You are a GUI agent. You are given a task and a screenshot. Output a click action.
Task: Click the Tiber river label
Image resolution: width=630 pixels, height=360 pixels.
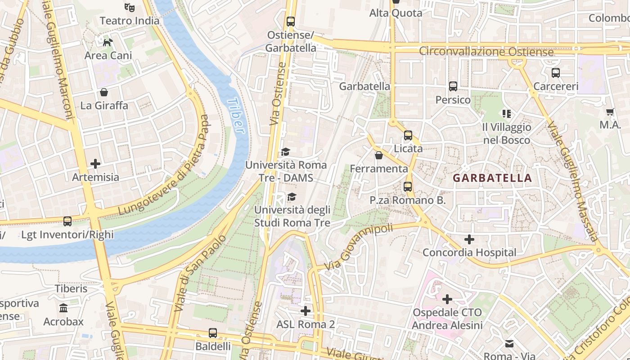[x=236, y=116]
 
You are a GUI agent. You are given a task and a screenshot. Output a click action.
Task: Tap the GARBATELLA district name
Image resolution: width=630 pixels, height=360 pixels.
[x=492, y=178]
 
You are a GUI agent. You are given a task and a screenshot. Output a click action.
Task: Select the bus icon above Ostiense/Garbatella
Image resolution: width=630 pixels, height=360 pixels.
[x=290, y=21]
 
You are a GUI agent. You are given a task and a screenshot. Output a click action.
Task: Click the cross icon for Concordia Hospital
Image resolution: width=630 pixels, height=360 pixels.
[x=469, y=239]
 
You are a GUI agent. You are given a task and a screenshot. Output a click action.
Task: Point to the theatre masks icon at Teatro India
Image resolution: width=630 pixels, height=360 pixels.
[x=130, y=7]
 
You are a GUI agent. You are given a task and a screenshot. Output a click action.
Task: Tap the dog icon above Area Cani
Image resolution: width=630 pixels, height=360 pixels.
[x=108, y=42]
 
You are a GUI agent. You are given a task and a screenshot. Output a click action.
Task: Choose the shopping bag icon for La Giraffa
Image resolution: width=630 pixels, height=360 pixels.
[x=104, y=92]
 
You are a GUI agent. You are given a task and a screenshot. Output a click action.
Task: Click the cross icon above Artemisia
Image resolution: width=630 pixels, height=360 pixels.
[x=95, y=163]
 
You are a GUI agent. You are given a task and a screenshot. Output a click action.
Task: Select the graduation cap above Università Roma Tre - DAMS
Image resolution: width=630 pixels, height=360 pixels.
[x=285, y=152]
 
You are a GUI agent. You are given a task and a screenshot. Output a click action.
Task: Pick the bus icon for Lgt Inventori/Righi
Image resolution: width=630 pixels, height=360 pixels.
[x=67, y=221]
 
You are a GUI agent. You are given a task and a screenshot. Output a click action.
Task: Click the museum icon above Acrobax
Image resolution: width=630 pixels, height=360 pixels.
[x=63, y=308]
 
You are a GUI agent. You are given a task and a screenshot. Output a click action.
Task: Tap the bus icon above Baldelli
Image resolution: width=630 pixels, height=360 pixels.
[x=213, y=333]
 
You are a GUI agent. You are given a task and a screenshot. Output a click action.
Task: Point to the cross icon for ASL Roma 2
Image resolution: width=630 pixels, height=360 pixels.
[x=306, y=311]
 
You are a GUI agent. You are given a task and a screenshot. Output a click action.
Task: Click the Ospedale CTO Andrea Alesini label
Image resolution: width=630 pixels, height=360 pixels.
[x=447, y=319]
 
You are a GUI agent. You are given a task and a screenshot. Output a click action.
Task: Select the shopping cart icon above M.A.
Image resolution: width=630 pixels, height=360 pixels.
[x=610, y=112]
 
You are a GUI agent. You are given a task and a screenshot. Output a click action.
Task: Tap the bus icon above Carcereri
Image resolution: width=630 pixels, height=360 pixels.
[x=556, y=72]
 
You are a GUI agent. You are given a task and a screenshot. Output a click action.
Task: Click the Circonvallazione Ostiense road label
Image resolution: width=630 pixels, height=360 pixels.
[x=486, y=52]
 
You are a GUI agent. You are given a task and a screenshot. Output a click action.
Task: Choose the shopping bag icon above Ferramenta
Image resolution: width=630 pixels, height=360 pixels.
[x=379, y=155]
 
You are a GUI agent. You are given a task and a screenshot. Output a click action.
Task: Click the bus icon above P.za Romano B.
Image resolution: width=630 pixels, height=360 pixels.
[x=408, y=186]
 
